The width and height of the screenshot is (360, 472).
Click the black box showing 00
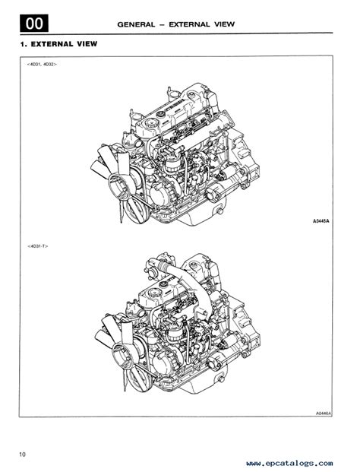click(34, 23)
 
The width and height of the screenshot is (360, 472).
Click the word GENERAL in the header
click(136, 24)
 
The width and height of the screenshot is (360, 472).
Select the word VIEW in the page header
click(224, 24)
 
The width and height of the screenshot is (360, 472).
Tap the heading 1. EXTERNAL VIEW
click(59, 44)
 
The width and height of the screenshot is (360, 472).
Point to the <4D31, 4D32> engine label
click(42, 64)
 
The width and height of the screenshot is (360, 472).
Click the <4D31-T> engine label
click(37, 246)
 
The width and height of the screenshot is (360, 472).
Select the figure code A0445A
click(321, 221)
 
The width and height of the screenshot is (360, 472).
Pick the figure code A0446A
click(324, 414)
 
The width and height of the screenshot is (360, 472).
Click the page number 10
click(23, 454)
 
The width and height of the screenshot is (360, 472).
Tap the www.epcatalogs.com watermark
click(289, 463)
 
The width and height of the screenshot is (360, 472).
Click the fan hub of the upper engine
click(118, 184)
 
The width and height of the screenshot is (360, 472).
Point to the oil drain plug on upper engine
click(220, 211)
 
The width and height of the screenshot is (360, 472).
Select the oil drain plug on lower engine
click(222, 379)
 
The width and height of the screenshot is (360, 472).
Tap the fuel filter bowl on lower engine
click(175, 334)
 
